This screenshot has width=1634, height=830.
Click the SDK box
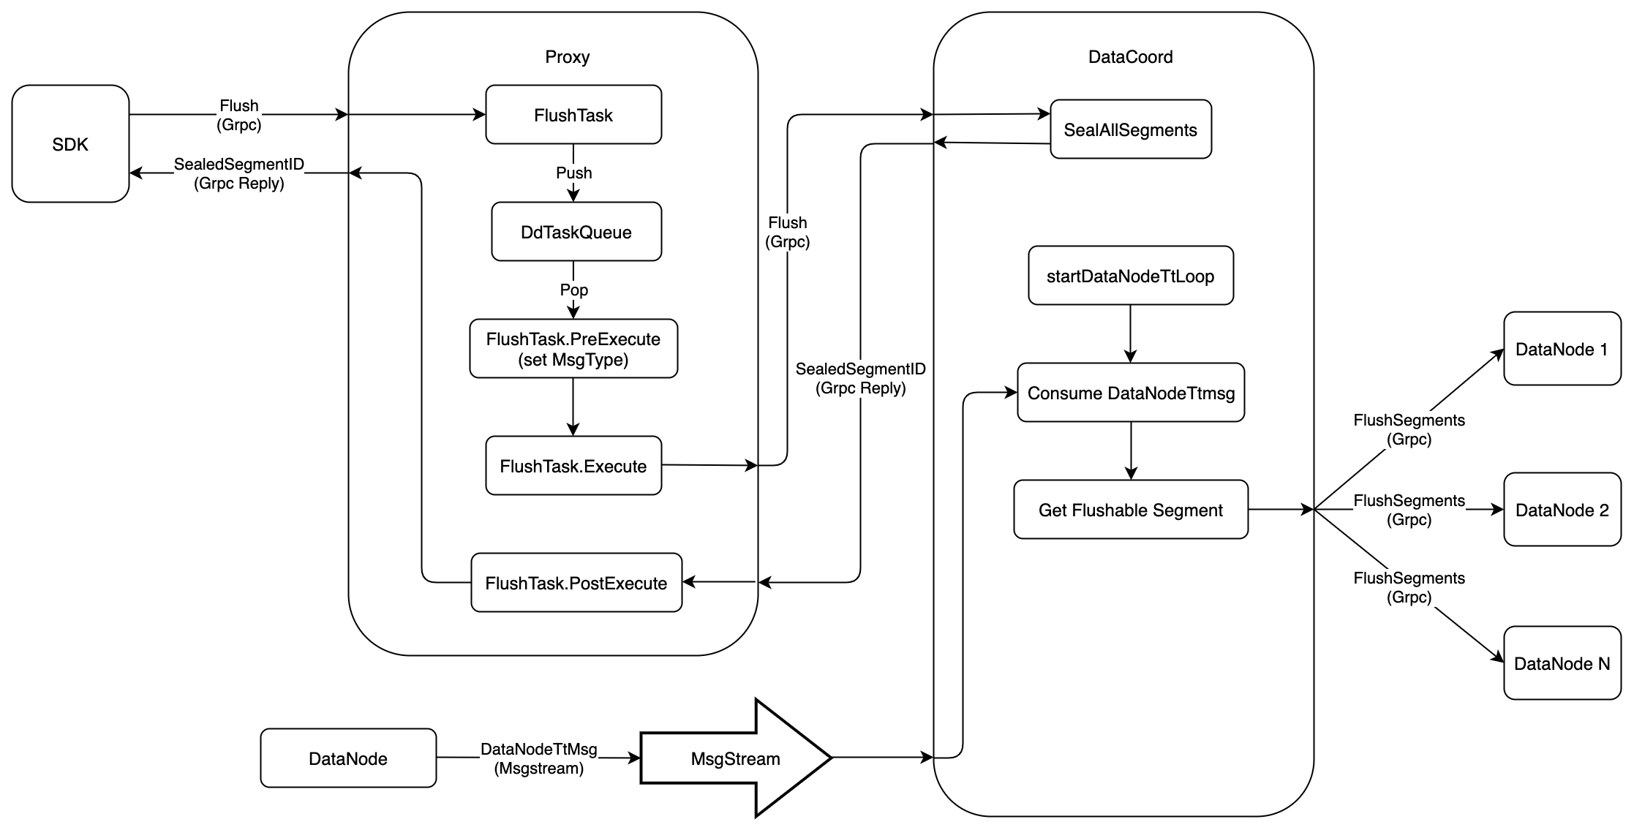pyautogui.click(x=70, y=144)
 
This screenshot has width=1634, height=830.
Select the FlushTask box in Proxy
pyautogui.click(x=573, y=115)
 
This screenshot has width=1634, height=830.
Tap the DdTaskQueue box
pyautogui.click(x=576, y=232)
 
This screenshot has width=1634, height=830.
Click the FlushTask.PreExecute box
pyautogui.click(x=573, y=349)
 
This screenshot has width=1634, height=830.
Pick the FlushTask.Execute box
pyautogui.click(x=573, y=466)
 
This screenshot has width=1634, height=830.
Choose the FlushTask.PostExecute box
pyautogui.click(x=576, y=583)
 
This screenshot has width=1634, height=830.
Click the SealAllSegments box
pyautogui.click(x=1130, y=129)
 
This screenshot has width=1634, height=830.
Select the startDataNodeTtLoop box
pyautogui.click(x=1130, y=276)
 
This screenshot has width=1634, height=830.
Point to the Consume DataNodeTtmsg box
pyautogui.click(x=1131, y=393)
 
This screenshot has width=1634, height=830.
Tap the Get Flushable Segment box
pyautogui.click(x=1130, y=510)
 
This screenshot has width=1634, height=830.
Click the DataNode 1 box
pyautogui.click(x=1562, y=349)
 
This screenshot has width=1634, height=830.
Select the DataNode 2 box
pyautogui.click(x=1562, y=510)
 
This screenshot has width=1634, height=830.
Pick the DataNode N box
pyautogui.click(x=1562, y=663)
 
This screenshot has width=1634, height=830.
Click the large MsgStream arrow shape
pyautogui.click(x=735, y=758)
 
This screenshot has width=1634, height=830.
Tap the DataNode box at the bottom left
pyautogui.click(x=348, y=758)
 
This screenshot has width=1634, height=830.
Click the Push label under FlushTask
pyautogui.click(x=574, y=173)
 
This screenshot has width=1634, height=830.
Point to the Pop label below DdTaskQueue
pyautogui.click(x=574, y=290)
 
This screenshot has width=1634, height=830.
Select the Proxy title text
pyautogui.click(x=568, y=57)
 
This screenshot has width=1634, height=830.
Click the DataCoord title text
pyautogui.click(x=1130, y=57)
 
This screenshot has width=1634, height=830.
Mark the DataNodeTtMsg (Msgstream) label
pyautogui.click(x=539, y=758)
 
